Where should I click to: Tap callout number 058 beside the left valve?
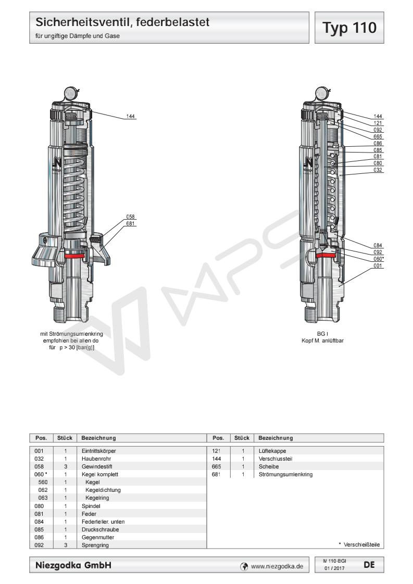130,217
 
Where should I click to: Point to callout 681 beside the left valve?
130,223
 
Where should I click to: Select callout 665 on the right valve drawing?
378,136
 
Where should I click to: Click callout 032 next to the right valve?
378,170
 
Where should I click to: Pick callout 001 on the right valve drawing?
378,265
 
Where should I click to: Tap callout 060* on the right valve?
379,259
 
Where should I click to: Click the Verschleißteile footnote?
359,544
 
